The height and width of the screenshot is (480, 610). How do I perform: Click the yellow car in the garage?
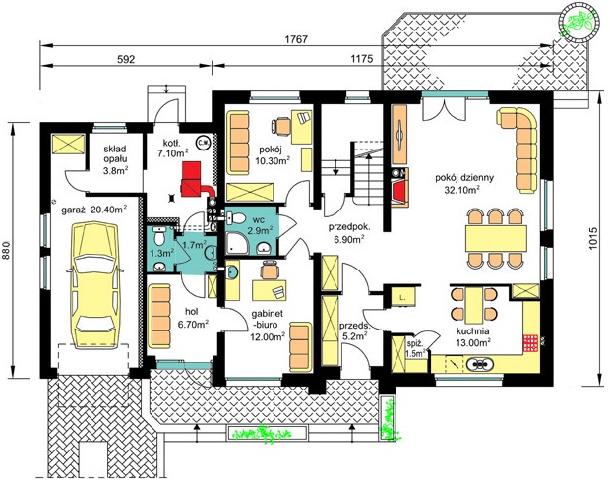pyautogui.click(x=94, y=284)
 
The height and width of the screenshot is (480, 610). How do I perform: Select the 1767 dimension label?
pyautogui.click(x=296, y=39)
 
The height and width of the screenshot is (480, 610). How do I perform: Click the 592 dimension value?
pyautogui.click(x=126, y=59)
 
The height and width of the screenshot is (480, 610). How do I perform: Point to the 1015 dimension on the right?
pyautogui.click(x=593, y=238)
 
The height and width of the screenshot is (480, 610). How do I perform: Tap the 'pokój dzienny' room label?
pyautogui.click(x=464, y=178)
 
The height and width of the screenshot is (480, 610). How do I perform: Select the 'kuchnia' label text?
pyautogui.click(x=472, y=331)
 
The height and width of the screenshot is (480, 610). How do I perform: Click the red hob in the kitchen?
pyautogui.click(x=530, y=343)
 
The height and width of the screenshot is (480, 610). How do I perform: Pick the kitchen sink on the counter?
pyautogui.click(x=480, y=364)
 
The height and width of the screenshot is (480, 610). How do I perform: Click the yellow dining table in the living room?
pyautogui.click(x=496, y=238)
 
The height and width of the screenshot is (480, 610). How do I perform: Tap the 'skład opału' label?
pyautogui.click(x=115, y=154)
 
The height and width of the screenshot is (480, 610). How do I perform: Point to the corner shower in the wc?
pyautogui.click(x=236, y=243)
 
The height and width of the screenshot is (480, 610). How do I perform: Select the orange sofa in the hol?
pyautogui.click(x=160, y=315)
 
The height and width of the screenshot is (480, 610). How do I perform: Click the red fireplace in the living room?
pyautogui.click(x=399, y=189)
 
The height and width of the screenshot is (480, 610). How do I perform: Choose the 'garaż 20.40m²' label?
pyautogui.click(x=94, y=210)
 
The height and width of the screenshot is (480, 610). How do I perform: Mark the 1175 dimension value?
pyautogui.click(x=362, y=59)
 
